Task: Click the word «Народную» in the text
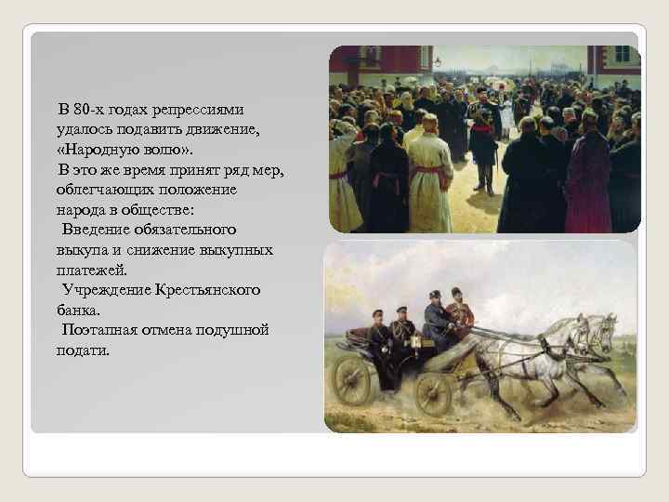click(x=101, y=148)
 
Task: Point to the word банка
click(x=85, y=310)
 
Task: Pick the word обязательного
click(x=183, y=229)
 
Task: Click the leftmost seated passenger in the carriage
click(x=380, y=328)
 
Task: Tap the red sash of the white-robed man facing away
click(x=430, y=169)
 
